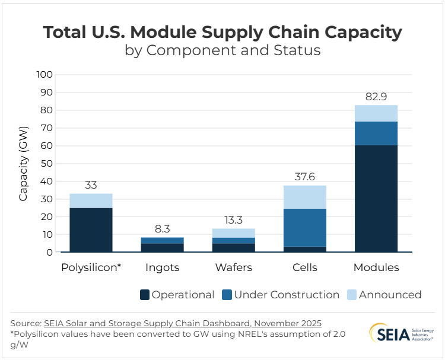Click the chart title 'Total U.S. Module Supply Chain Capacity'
click(223, 32)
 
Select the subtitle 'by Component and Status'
click(223, 50)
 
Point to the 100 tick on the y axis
click(44, 75)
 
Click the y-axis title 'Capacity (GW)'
click(23, 164)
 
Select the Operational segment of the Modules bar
click(376, 199)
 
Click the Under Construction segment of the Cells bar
click(304, 227)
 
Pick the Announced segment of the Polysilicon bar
click(91, 200)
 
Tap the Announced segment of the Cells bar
click(304, 197)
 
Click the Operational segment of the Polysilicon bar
click(91, 230)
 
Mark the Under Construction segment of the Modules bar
click(376, 133)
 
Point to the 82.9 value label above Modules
click(376, 97)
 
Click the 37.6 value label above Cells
click(304, 177)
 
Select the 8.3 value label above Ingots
click(162, 229)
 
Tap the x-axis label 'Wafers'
click(233, 267)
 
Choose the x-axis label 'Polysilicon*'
click(91, 267)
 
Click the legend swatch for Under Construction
click(227, 295)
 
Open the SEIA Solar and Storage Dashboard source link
click(183, 323)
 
